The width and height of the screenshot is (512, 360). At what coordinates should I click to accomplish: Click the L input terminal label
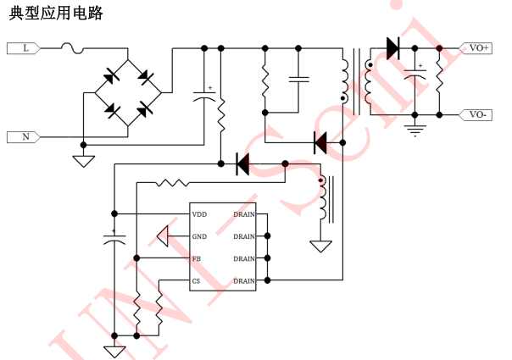(x=25, y=48)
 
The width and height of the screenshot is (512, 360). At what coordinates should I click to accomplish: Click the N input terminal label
(x=25, y=136)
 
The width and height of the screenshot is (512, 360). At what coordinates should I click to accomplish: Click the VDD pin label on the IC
(x=199, y=214)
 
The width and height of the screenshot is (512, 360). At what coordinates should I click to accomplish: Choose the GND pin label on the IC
(x=199, y=236)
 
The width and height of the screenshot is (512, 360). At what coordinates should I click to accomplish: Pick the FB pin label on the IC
(x=197, y=258)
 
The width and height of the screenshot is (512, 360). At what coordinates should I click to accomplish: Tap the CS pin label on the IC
(x=197, y=280)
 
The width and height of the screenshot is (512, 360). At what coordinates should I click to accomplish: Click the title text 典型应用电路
(x=56, y=14)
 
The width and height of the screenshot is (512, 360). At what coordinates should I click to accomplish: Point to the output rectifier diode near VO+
(x=392, y=48)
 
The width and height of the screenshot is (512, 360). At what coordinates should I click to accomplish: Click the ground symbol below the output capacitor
(x=415, y=130)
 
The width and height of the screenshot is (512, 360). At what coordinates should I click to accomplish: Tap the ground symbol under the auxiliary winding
(x=320, y=246)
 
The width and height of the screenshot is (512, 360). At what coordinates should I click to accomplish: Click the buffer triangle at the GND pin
(x=163, y=236)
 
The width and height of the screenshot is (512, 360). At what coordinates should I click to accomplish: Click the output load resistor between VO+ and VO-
(x=439, y=80)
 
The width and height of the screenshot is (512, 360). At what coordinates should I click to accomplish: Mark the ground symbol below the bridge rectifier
(x=83, y=160)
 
